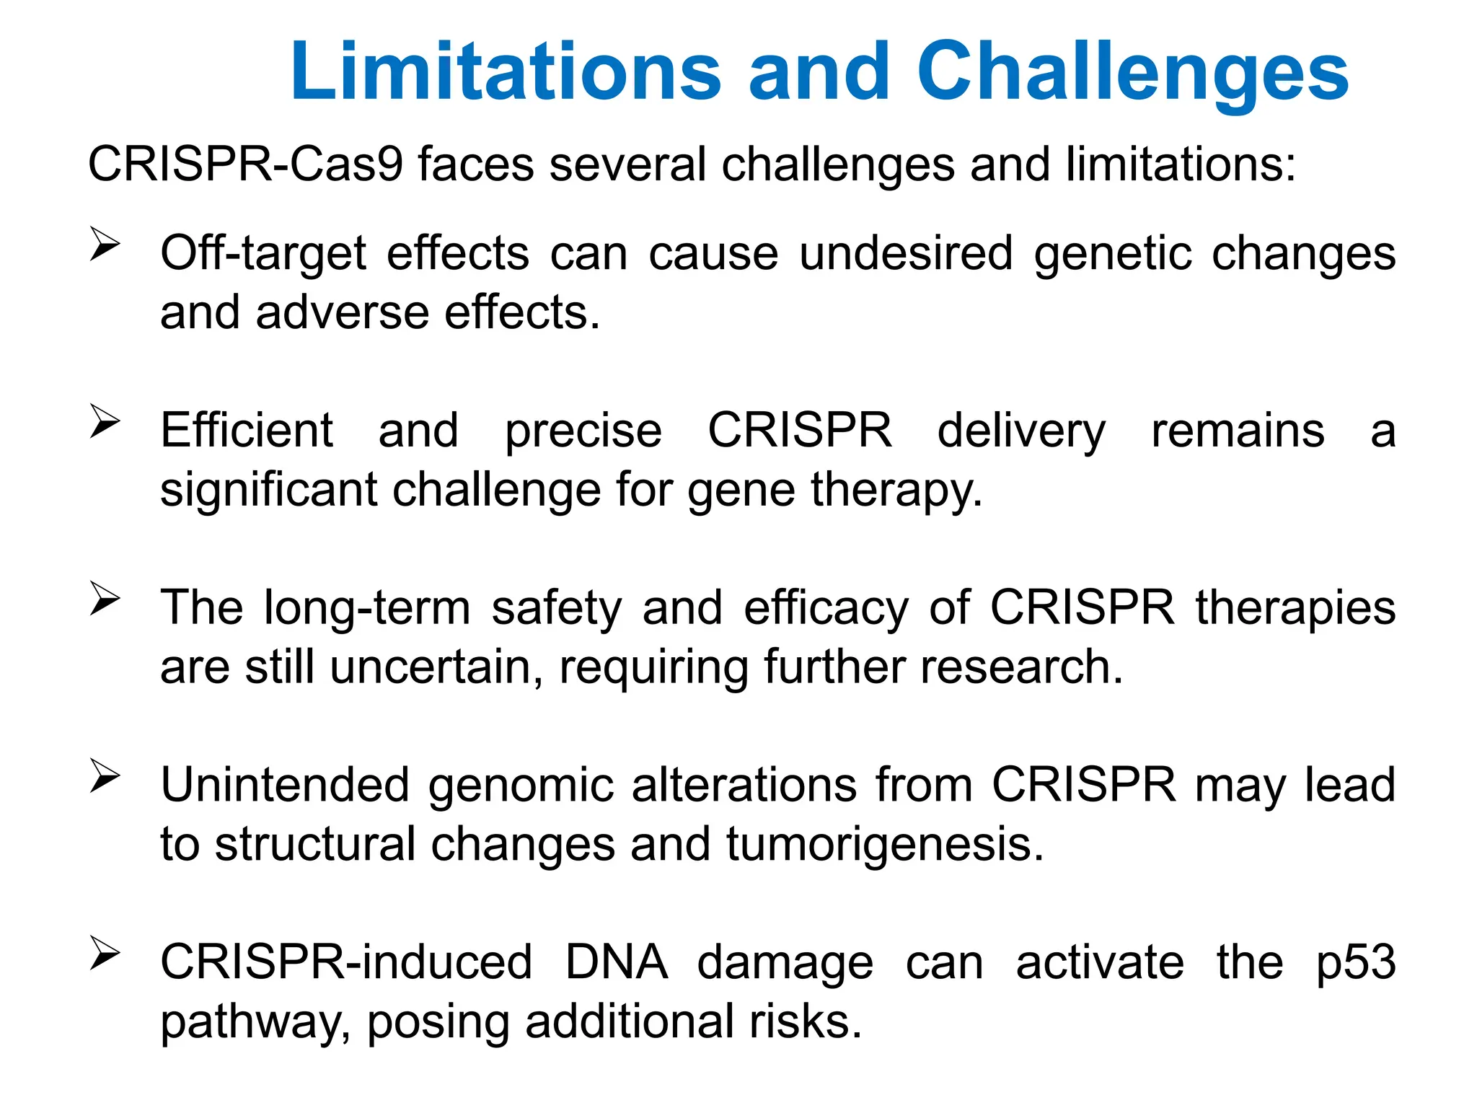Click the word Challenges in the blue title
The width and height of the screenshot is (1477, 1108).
1132,72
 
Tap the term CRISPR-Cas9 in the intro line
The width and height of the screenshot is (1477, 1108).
244,164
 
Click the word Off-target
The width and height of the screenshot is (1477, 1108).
263,254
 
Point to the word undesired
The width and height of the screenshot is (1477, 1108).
906,254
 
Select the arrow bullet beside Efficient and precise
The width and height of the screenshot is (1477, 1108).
105,421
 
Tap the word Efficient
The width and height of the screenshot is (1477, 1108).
247,431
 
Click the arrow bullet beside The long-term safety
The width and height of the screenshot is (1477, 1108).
105,599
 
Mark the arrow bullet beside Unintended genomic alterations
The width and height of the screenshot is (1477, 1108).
105,776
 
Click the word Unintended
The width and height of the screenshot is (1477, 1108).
284,785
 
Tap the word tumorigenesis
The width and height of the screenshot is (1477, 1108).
885,845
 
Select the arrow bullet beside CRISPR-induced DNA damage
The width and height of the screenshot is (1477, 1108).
105,954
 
